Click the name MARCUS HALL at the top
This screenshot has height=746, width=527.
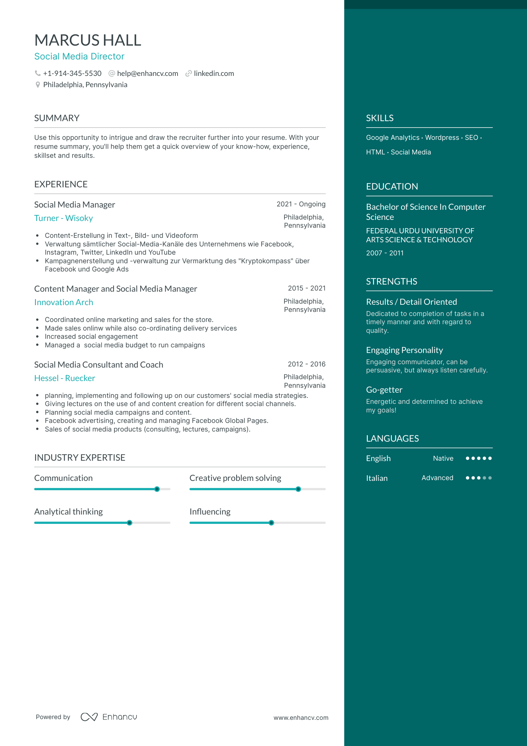(x=88, y=40)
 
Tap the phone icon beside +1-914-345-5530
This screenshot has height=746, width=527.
(x=38, y=73)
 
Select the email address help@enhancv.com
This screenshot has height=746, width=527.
(x=147, y=74)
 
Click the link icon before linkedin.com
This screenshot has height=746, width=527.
(x=189, y=74)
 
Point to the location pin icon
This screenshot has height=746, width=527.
(x=38, y=85)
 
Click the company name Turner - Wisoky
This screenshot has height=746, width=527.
(x=64, y=218)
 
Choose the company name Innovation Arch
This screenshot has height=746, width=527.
(x=64, y=303)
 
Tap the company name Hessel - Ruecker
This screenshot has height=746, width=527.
(x=65, y=378)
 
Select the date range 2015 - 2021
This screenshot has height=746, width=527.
(x=306, y=288)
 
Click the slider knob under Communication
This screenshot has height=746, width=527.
(x=157, y=489)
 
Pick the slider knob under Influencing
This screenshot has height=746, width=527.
(x=271, y=523)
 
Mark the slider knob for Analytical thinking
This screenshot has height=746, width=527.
(x=129, y=523)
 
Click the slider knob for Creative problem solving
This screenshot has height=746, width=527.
(x=298, y=489)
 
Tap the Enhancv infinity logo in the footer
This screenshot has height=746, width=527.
(x=89, y=717)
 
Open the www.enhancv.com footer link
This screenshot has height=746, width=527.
(x=301, y=718)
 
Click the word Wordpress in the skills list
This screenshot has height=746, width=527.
(x=442, y=138)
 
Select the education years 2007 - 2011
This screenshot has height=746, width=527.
(x=385, y=253)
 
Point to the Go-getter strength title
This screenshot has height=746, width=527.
(x=384, y=390)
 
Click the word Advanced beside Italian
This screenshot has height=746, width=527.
(x=437, y=478)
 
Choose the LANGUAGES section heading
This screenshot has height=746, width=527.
(x=392, y=439)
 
